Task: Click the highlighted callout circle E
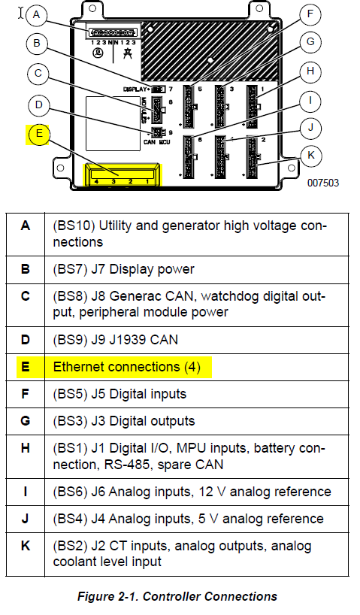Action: tap(38, 135)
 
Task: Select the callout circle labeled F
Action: tap(310, 14)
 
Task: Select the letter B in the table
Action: tap(26, 268)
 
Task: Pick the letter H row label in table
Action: tap(26, 448)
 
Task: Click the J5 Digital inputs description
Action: tap(119, 393)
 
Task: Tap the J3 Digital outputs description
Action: tap(123, 420)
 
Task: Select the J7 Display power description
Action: tap(123, 268)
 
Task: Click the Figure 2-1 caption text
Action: tap(177, 596)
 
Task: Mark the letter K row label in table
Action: tap(26, 545)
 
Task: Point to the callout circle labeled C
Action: tap(37, 74)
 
